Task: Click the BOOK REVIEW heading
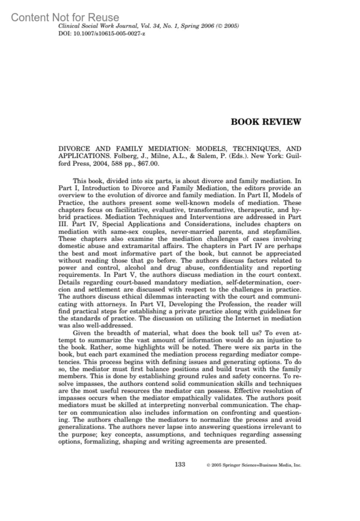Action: click(x=266, y=122)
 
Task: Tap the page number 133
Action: click(x=180, y=464)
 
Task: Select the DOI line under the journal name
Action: click(x=102, y=33)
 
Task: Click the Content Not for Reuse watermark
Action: click(x=65, y=17)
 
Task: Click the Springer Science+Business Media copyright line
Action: click(x=254, y=465)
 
